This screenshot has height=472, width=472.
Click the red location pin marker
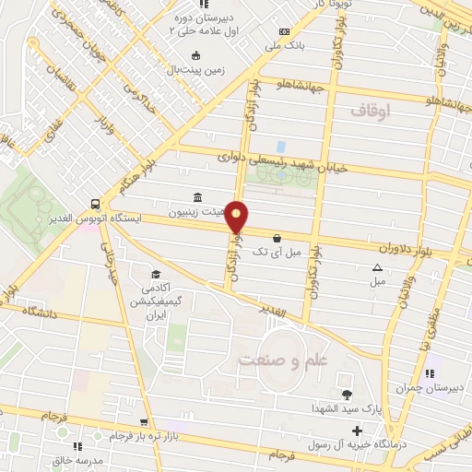coord(238,217)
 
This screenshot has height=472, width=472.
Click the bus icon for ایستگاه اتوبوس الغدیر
coord(96,205)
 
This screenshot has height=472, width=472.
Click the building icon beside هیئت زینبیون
coord(197,197)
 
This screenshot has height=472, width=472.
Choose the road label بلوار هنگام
coord(133,176)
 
